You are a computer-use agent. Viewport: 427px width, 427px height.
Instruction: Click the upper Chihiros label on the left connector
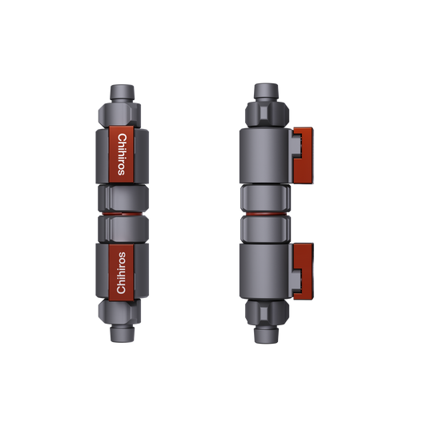pos(122,151)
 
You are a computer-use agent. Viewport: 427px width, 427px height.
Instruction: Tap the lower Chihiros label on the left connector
pos(122,272)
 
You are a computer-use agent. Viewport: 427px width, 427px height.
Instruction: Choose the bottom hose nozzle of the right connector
pos(265,336)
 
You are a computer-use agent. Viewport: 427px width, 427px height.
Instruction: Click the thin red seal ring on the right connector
pos(265,213)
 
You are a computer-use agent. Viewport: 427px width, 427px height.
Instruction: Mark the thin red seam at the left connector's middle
pos(121,213)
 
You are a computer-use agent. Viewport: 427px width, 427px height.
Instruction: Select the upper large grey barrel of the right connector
pos(265,156)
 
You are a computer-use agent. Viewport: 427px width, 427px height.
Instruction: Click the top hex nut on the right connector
pos(265,114)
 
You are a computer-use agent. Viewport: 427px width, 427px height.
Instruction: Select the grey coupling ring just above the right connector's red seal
pos(265,199)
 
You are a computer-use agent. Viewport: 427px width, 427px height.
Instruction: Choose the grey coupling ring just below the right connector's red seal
pos(265,228)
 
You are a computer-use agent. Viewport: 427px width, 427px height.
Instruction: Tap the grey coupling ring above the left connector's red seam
pos(121,198)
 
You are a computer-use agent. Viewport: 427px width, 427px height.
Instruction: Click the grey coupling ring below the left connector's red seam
pos(121,228)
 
